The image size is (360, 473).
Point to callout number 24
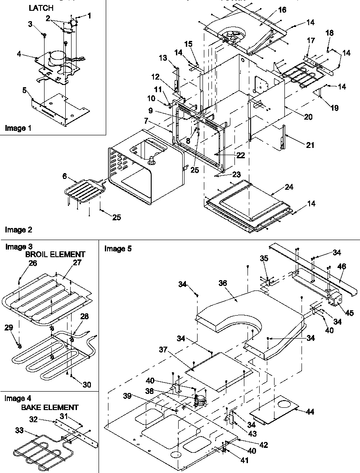pos(288,187)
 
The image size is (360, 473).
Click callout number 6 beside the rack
pos(66,177)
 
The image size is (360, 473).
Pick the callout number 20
pos(308,116)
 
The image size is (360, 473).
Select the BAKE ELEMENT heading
pos(49,407)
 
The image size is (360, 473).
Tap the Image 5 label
pos(118,248)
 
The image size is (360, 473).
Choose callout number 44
pos(310,412)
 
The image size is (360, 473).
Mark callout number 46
pos(342,267)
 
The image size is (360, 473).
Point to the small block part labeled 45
pos(335,299)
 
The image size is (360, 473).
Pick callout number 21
pos(310,145)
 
